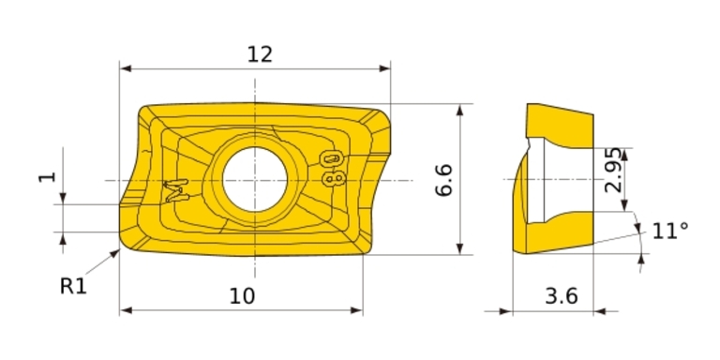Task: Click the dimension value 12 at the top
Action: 260,54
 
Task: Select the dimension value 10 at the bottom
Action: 242,296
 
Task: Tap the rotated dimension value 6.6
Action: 444,180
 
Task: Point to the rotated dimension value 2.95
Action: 613,170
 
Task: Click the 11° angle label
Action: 670,231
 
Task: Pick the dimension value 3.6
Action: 562,296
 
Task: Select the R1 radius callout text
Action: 73,287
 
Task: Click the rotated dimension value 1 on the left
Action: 47,177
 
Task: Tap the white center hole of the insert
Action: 255,180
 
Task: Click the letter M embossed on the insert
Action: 177,190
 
